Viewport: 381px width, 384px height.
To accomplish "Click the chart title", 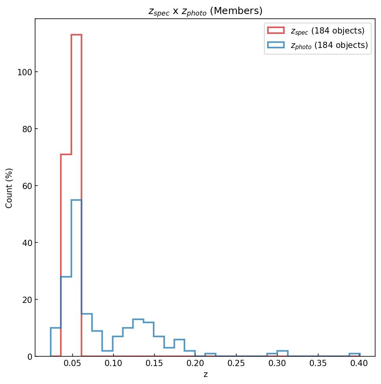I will [205, 11].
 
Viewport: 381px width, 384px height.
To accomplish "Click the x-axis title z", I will [206, 375].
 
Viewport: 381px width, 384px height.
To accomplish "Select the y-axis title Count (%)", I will [9, 188].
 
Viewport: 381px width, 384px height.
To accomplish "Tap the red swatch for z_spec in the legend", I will [276, 30].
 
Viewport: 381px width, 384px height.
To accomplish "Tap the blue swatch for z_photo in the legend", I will [276, 45].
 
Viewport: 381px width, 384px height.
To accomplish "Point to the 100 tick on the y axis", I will [25, 72].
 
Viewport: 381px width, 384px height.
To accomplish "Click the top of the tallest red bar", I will [76, 35].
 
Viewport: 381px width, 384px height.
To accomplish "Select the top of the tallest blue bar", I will [76, 200].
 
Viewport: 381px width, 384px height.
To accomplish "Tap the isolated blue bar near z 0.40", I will [354, 355].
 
